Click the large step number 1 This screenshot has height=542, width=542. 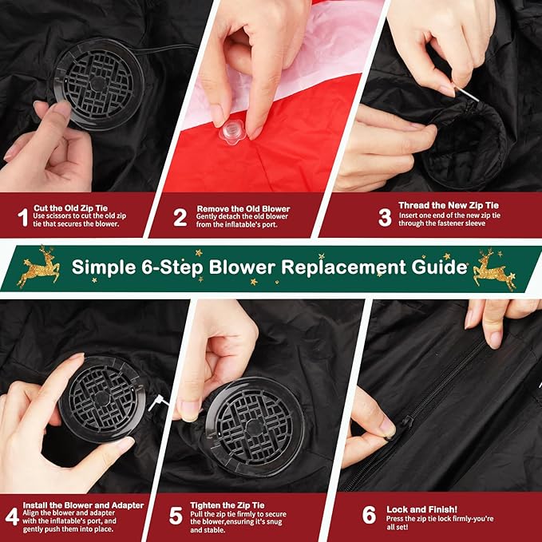(x=23, y=217)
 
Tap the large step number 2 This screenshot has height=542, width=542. (x=180, y=217)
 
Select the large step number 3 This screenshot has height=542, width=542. (x=385, y=217)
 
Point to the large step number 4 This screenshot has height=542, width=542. (x=12, y=516)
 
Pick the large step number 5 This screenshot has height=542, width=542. (x=176, y=516)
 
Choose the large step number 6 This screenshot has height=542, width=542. (x=369, y=515)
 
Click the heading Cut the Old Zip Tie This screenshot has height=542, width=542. (x=70, y=208)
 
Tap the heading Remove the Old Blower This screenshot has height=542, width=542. (x=243, y=209)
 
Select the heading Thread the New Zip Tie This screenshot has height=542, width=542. (x=449, y=205)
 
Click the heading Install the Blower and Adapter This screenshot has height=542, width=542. (x=83, y=505)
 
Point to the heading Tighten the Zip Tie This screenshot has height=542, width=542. (x=227, y=505)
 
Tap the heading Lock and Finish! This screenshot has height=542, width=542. (x=421, y=509)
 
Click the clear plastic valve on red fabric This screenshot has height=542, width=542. (x=232, y=132)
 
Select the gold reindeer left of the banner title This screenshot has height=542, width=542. (x=38, y=267)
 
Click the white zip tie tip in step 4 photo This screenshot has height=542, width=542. (x=157, y=402)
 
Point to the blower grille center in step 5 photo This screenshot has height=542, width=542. (x=255, y=428)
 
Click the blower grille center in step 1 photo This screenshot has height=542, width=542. (x=98, y=84)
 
